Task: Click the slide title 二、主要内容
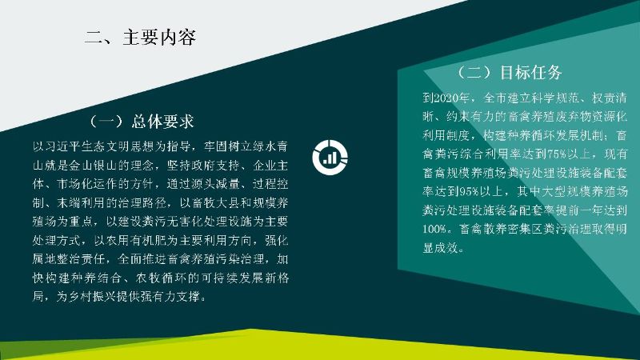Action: (140, 37)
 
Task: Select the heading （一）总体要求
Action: (142, 122)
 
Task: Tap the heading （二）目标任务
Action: (510, 73)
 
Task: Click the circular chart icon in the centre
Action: (330, 158)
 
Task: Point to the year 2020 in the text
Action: (446, 98)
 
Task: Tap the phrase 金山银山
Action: (94, 166)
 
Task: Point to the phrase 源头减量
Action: (215, 184)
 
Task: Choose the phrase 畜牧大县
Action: (215, 203)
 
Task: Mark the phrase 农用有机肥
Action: (136, 241)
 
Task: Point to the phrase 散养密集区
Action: (513, 229)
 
